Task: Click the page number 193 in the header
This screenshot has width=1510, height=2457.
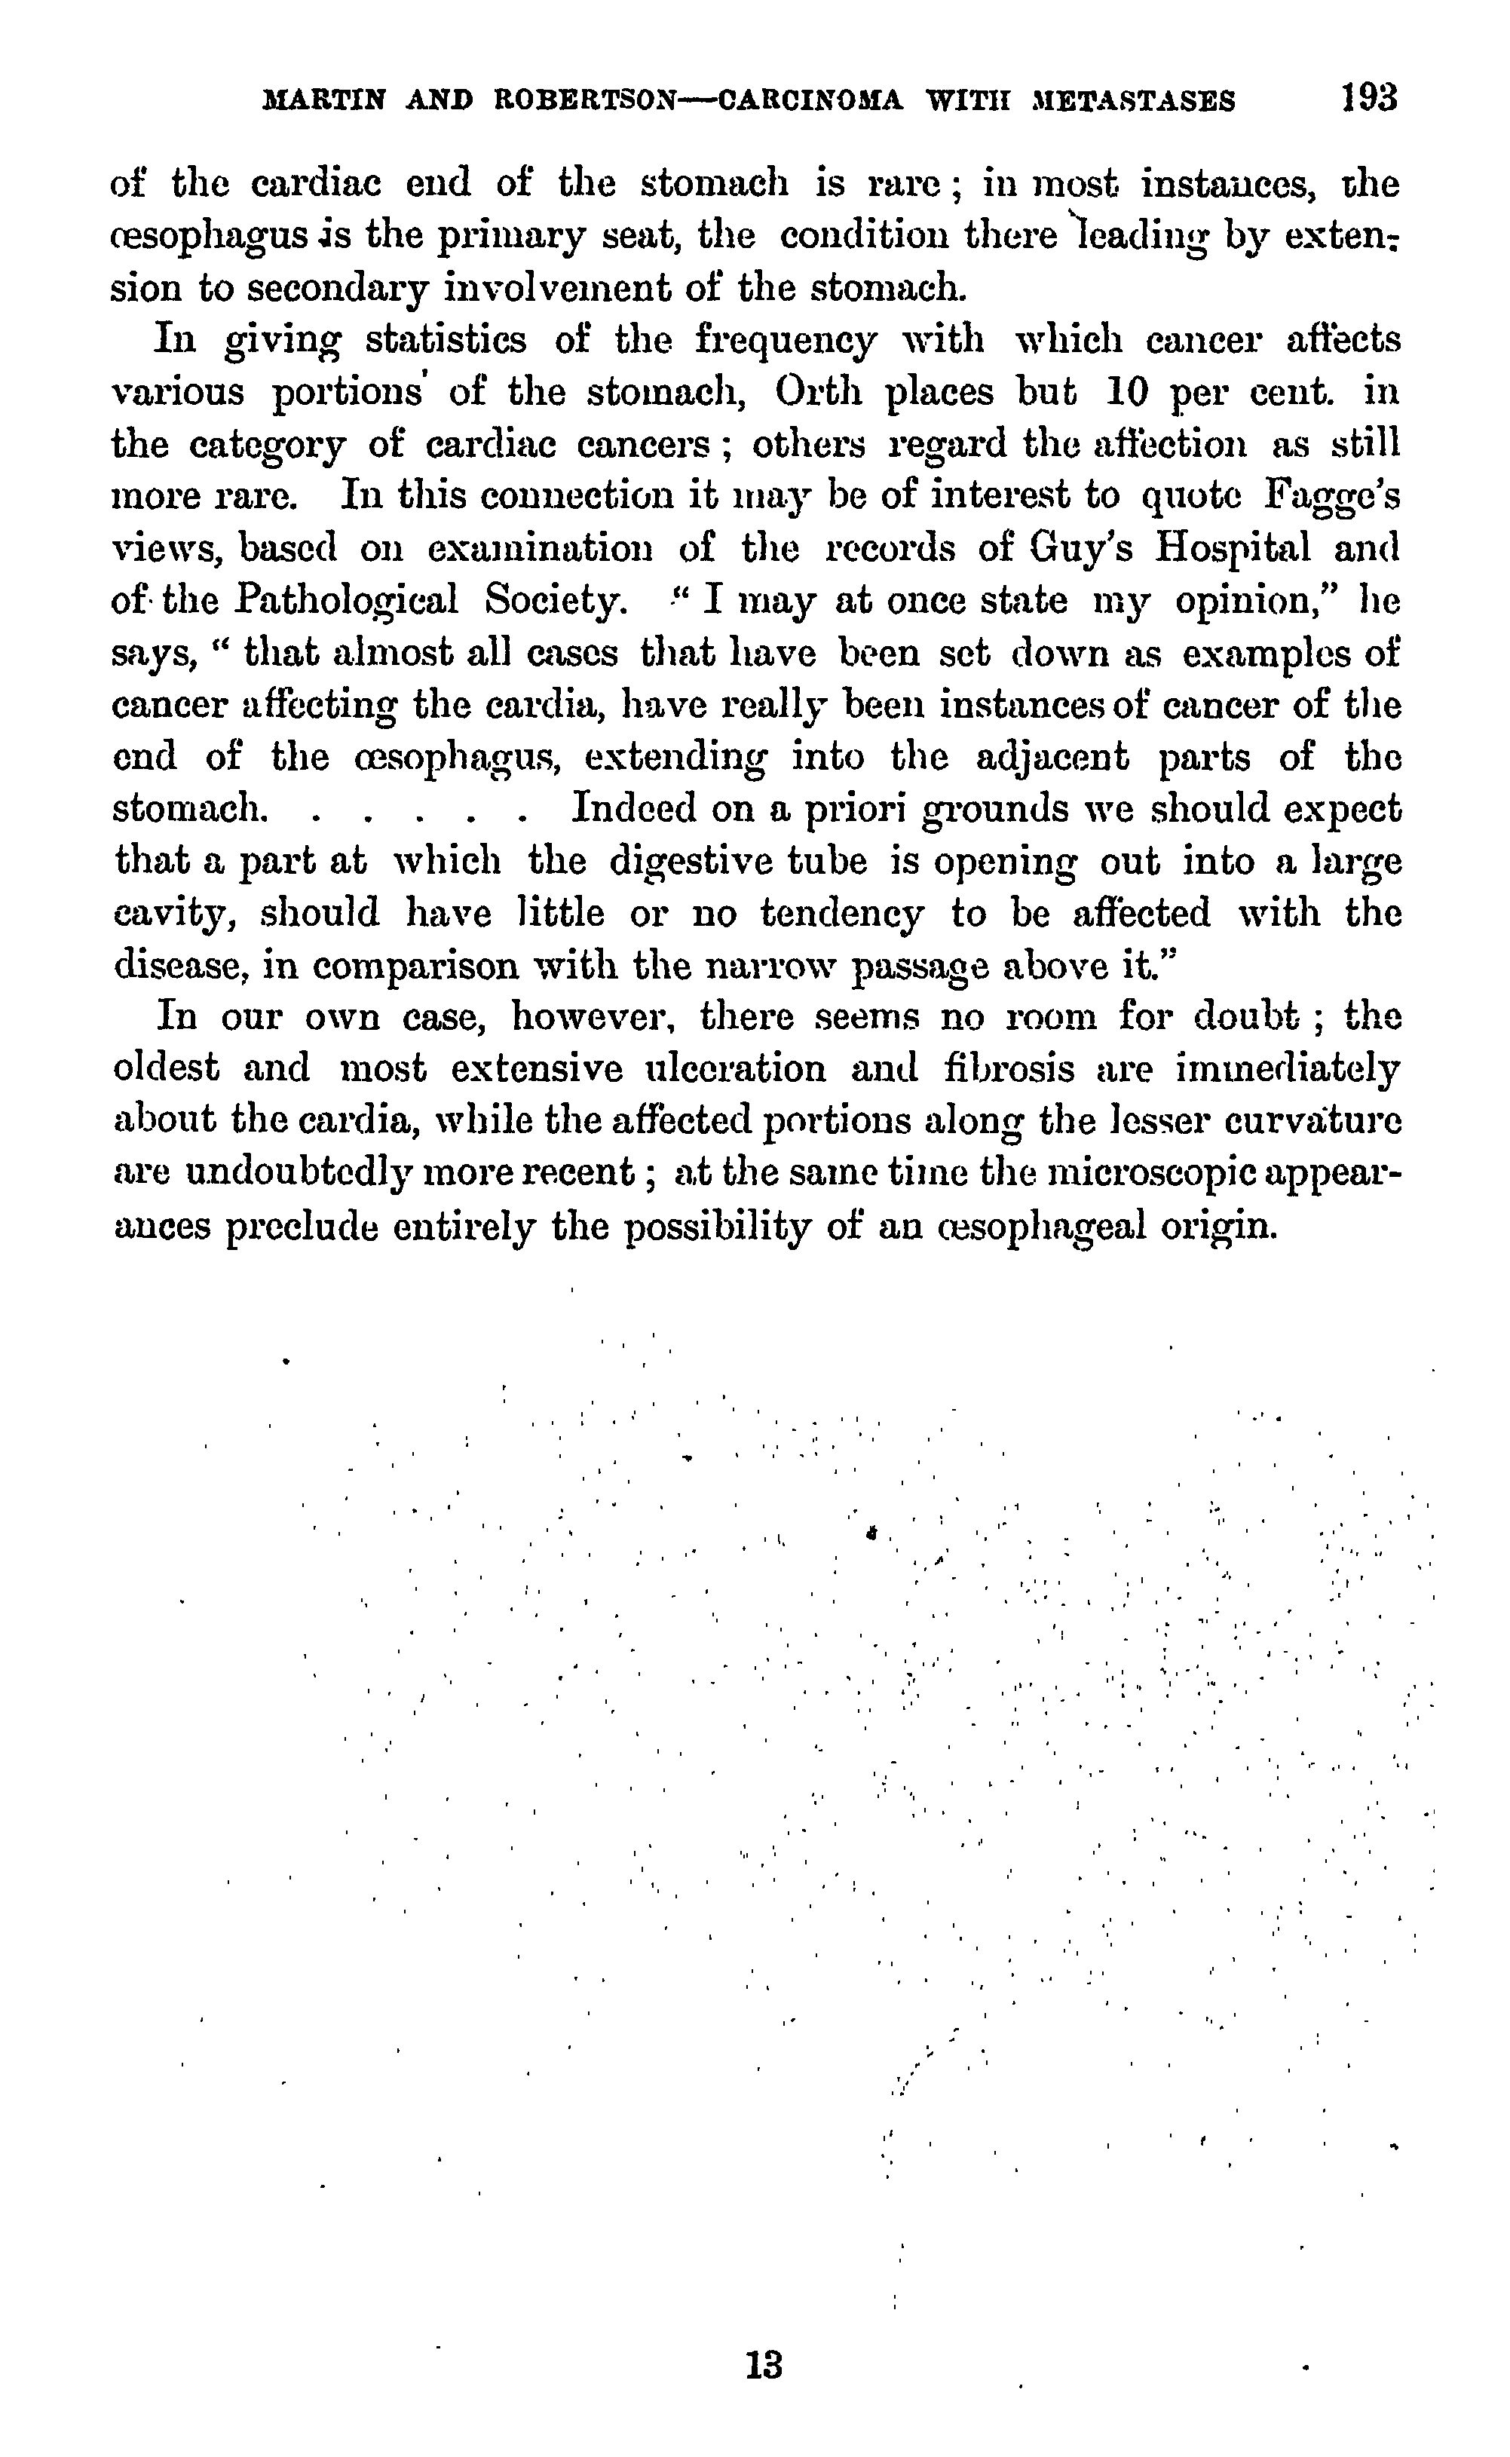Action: tap(1369, 98)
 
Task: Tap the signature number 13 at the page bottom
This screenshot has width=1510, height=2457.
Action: tap(764, 2366)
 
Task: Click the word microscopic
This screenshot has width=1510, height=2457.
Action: tap(1180, 1172)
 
